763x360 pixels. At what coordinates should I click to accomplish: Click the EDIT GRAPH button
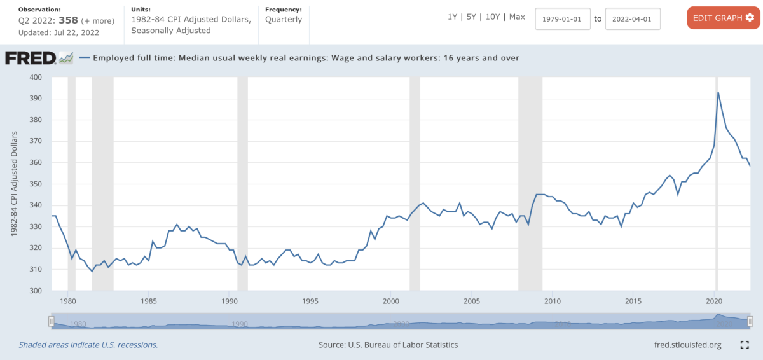[x=723, y=18]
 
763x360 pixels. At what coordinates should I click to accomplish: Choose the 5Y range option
[x=472, y=17]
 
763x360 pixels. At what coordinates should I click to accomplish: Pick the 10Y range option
[x=493, y=17]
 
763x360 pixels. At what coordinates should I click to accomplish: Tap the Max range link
[x=517, y=17]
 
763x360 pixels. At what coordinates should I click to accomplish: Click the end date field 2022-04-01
[x=633, y=19]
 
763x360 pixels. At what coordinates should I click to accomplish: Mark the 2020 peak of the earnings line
[x=718, y=92]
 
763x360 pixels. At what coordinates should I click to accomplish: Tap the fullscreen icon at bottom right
[x=745, y=345]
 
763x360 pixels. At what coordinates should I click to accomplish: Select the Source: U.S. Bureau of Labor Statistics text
[x=388, y=345]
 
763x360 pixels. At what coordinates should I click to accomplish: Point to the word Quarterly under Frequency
[x=284, y=20]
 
